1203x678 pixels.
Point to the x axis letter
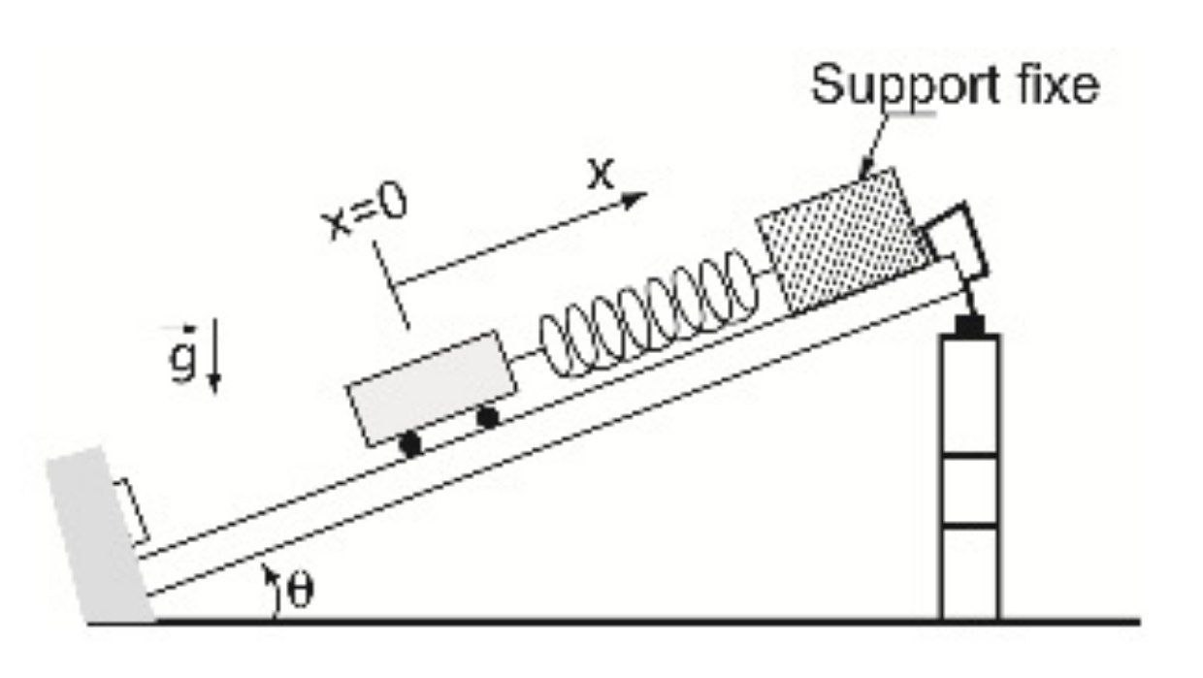602,173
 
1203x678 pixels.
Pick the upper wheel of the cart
488,418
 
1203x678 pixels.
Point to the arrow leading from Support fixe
873,145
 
